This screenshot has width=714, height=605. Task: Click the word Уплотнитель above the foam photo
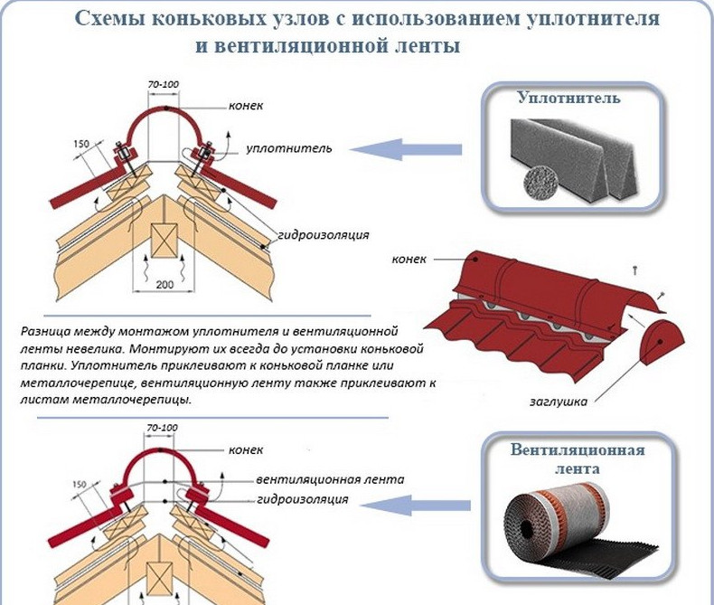568,98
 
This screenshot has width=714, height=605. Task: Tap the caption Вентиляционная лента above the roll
577,460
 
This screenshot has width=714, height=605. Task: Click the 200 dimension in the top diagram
164,285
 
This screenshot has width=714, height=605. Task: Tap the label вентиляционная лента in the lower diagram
330,479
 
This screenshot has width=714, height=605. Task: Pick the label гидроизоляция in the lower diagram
302,499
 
